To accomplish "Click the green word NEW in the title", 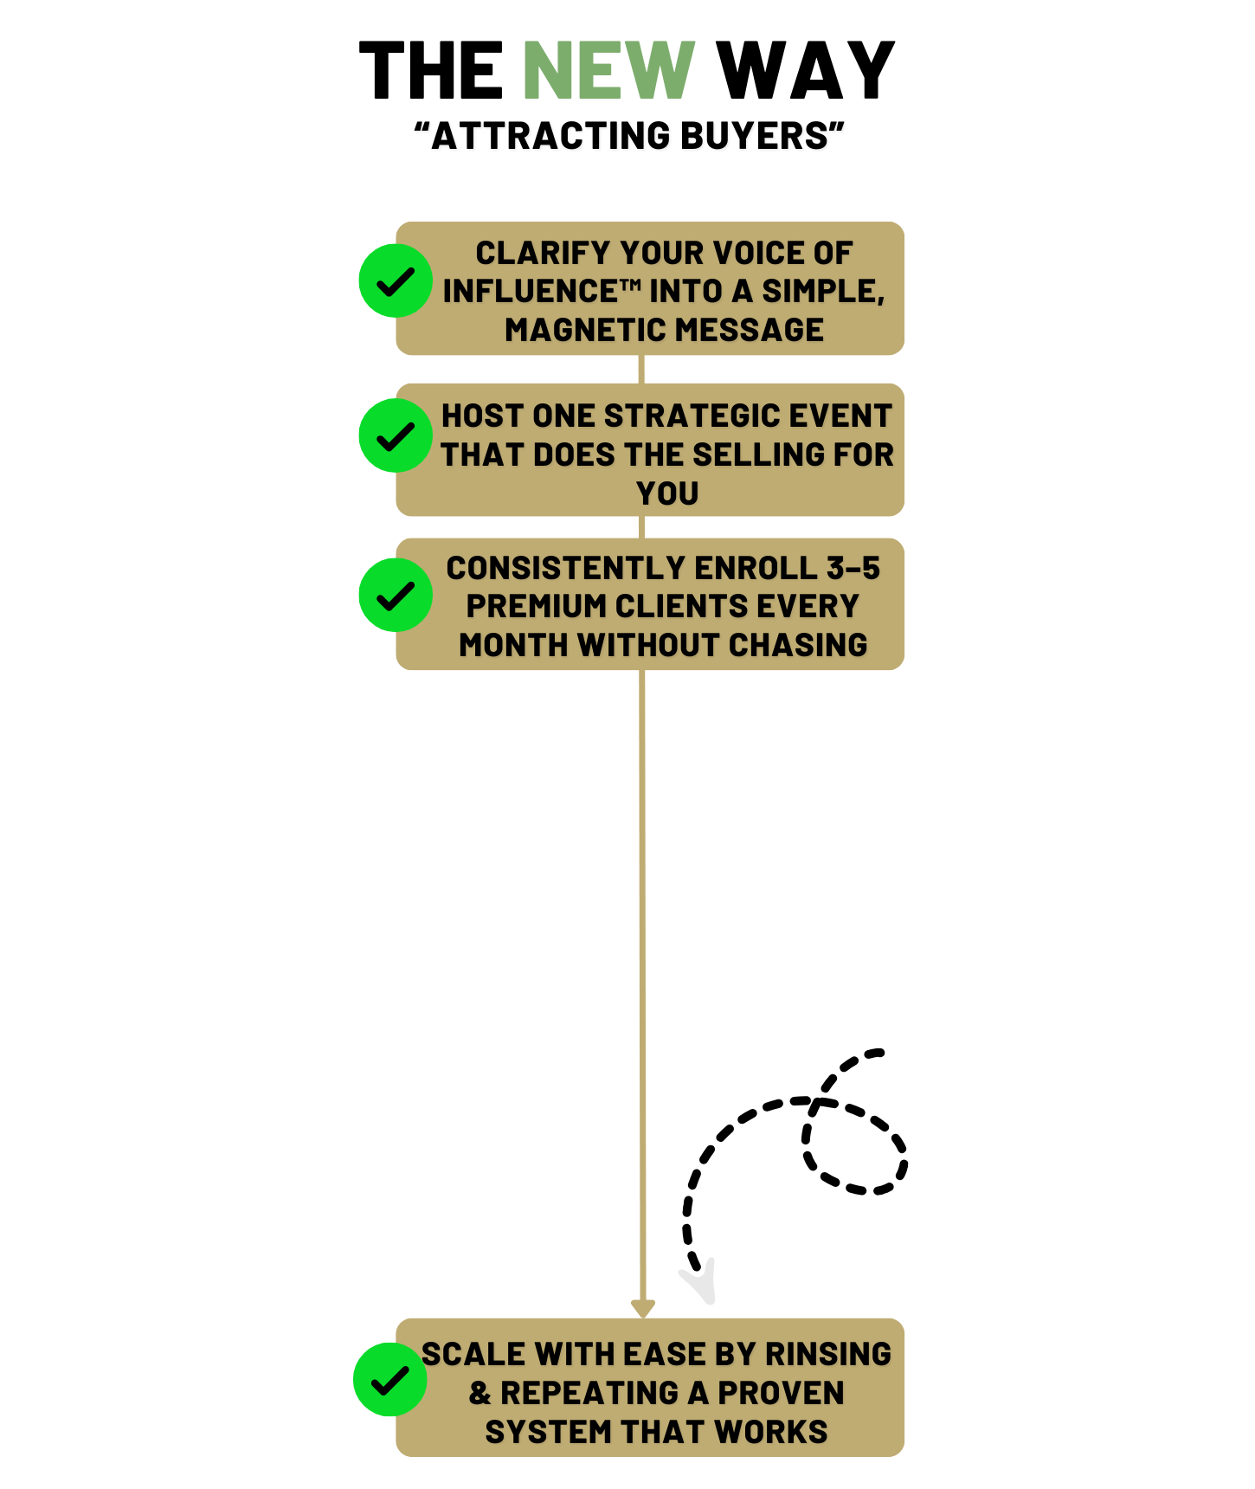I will tap(608, 71).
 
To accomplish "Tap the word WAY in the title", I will tap(805, 71).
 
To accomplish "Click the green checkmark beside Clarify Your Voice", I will tap(396, 280).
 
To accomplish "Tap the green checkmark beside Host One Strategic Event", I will tap(396, 435).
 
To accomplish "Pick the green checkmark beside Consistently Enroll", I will tap(396, 595).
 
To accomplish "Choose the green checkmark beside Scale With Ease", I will tap(389, 1379).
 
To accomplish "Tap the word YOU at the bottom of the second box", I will tap(667, 493).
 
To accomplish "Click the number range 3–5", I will tap(853, 568).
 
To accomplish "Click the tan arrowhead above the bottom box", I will tap(642, 1307).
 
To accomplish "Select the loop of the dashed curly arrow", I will tap(853, 1147).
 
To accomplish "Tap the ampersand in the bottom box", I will tap(479, 1393).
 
